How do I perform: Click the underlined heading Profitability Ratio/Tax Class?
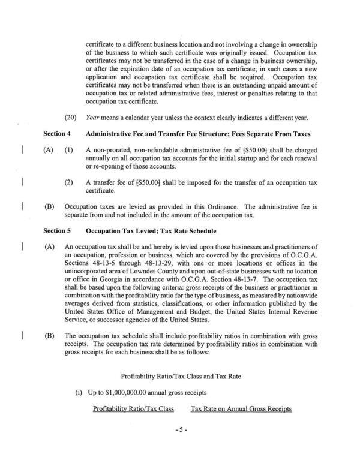(133, 409)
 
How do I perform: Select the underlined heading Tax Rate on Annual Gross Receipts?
(241, 409)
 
